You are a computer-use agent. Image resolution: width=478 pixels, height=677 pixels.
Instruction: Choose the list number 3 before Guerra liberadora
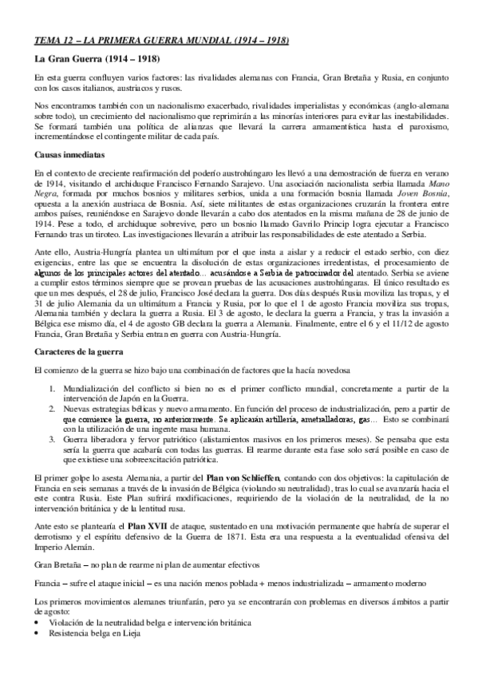click(52, 438)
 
